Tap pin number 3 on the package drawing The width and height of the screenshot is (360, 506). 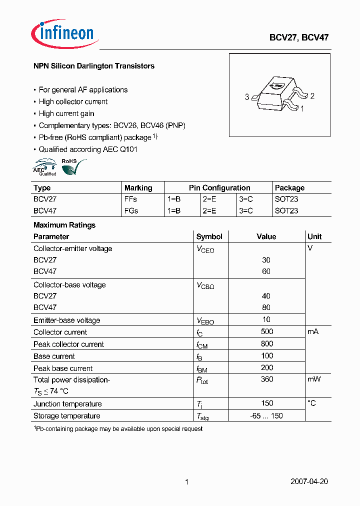(x=247, y=97)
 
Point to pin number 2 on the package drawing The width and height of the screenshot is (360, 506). (x=312, y=96)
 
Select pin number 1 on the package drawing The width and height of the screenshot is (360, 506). (x=302, y=108)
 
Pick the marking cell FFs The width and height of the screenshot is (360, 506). (x=130, y=199)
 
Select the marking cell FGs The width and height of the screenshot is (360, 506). (x=131, y=210)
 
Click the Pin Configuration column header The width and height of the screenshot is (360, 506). (x=219, y=188)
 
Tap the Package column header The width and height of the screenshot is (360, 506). (x=289, y=188)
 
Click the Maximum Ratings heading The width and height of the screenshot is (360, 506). (x=64, y=225)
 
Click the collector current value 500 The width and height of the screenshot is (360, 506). (x=267, y=331)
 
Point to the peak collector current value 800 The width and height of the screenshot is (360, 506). (x=267, y=343)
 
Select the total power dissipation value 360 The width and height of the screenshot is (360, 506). (x=267, y=379)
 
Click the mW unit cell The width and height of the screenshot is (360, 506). (x=314, y=379)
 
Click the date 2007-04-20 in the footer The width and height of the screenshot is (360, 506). (x=309, y=481)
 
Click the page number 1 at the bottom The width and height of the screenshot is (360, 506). (x=186, y=482)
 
